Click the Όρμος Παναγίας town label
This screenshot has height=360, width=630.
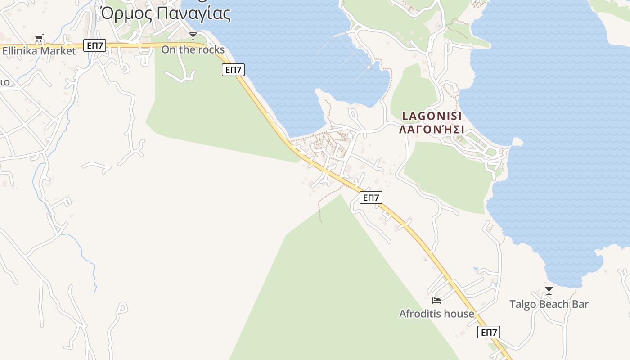pos(166,13)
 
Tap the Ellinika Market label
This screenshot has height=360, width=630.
pos(39,51)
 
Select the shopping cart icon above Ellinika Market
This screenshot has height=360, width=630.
pos(39,39)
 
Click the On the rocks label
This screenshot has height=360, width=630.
pos(193,49)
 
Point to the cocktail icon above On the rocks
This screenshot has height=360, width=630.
pos(193,36)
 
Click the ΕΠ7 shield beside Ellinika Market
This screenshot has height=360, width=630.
pos(94,45)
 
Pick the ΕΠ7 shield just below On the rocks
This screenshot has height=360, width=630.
pos(233,70)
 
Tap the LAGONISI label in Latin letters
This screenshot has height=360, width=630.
pos(432,116)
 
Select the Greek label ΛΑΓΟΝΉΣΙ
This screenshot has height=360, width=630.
pos(432,130)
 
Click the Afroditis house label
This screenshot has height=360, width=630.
pos(436,314)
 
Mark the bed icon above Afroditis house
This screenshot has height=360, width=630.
pos(436,300)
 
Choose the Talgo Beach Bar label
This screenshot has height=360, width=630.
pos(549,304)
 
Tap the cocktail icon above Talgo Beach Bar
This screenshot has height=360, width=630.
pos(549,291)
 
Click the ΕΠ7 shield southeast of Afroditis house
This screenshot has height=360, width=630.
pos(489,332)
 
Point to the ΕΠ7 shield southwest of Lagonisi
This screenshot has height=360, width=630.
pos(371,198)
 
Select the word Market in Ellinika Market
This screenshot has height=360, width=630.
pos(58,51)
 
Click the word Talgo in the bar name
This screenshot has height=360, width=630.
pos(522,304)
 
